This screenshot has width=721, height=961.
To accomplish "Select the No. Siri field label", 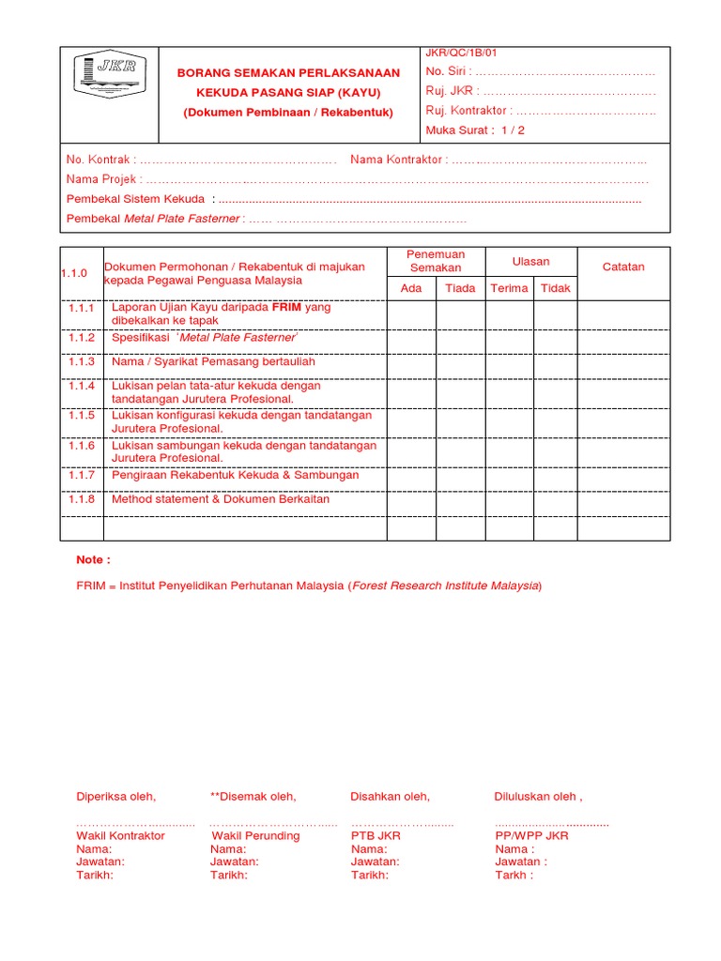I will pyautogui.click(x=447, y=72).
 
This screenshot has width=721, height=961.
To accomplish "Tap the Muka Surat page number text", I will pyautogui.click(x=475, y=130).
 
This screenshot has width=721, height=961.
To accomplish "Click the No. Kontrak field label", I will pyautogui.click(x=100, y=160).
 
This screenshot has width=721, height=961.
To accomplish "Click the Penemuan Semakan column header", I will pyautogui.click(x=436, y=261).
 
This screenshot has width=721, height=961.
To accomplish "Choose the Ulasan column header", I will pyautogui.click(x=530, y=261).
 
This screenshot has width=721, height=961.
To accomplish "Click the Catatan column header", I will pyautogui.click(x=623, y=267).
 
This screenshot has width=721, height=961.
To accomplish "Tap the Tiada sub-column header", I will pyautogui.click(x=460, y=288).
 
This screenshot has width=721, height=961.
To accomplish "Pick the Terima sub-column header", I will pyautogui.click(x=509, y=288).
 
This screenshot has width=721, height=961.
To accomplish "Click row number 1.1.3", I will pyautogui.click(x=82, y=361).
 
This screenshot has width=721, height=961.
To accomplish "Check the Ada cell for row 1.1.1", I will pyautogui.click(x=411, y=313).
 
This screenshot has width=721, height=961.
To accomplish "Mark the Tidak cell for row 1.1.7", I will pyautogui.click(x=555, y=476).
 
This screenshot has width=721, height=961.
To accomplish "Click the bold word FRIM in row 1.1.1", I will pyautogui.click(x=288, y=307).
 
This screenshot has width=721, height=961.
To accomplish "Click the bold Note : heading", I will pyautogui.click(x=93, y=559).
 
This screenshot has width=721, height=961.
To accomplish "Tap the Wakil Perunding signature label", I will pyautogui.click(x=255, y=835).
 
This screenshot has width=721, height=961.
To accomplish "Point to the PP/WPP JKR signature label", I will pyautogui.click(x=531, y=835).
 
